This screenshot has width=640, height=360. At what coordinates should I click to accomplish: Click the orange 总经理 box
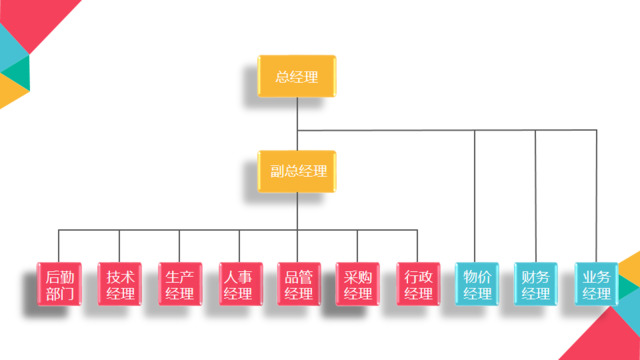(297, 76)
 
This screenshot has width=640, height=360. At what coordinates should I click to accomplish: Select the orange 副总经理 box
(297, 171)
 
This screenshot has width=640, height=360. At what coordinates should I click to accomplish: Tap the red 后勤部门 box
(59, 283)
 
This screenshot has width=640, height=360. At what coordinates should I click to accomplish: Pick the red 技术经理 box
(119, 283)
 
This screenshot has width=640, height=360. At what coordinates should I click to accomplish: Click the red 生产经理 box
(179, 283)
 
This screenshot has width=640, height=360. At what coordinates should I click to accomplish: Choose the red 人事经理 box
(238, 283)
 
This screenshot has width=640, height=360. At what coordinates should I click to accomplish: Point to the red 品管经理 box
(298, 283)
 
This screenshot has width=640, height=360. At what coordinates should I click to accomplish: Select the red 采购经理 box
(357, 283)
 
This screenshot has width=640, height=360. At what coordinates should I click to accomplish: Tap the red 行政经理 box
(417, 283)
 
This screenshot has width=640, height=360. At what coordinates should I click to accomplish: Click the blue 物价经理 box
(476, 283)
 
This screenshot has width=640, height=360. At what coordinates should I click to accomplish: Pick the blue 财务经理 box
(536, 283)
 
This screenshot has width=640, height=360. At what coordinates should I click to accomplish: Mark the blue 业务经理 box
(596, 283)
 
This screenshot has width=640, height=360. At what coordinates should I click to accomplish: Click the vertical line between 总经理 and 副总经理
(297, 125)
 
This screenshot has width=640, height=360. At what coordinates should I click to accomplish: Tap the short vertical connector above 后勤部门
(59, 246)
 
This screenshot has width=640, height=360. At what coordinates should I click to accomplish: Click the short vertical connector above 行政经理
(417, 246)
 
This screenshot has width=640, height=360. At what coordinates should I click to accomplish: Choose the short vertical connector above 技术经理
(119, 246)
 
